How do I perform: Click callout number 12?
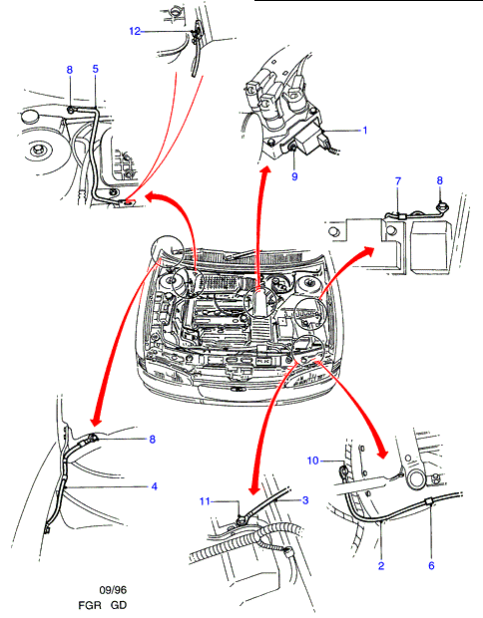pos(135,31)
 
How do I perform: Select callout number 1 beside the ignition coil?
pos(365,130)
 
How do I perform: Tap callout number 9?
pos(294,176)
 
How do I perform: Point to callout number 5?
pos(96,69)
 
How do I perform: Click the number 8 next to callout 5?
pos(70,70)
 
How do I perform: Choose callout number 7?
pos(398,181)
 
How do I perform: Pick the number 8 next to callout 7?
pos(440,180)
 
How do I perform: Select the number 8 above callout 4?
pos(153,439)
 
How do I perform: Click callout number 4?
pos(155,486)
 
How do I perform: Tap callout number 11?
pos(205,501)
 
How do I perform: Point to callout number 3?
pos(305,500)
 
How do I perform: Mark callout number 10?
pos(313,461)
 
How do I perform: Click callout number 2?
pos(381,565)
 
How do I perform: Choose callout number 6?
pos(431,565)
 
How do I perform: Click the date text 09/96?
pos(113,590)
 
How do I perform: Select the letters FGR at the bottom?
pos(90,605)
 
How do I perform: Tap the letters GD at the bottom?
pos(119,605)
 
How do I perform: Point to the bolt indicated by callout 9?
pos(293,148)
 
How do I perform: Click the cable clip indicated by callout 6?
pos(429,501)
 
